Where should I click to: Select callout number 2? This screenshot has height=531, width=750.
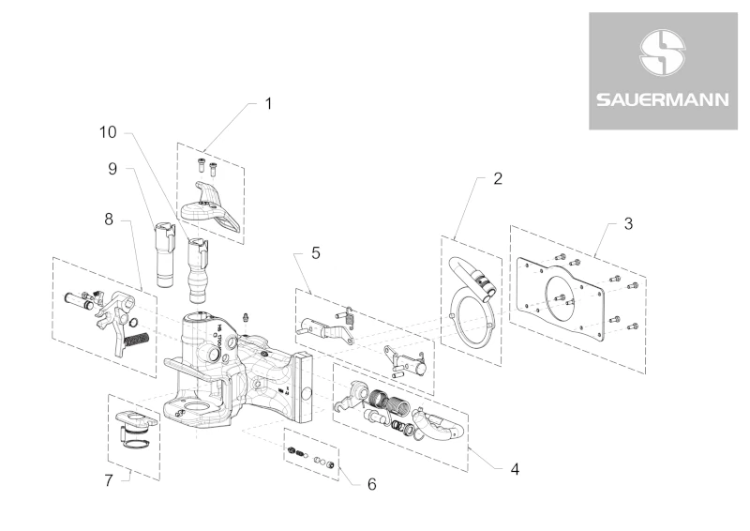pyautogui.click(x=498, y=178)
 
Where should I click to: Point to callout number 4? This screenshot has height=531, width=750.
pyautogui.click(x=515, y=466)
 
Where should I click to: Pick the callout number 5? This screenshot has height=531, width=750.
pyautogui.click(x=316, y=252)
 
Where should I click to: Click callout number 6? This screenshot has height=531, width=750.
pyautogui.click(x=371, y=484)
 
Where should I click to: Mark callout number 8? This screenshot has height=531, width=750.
pyautogui.click(x=109, y=219)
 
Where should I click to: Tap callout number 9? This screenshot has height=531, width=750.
pyautogui.click(x=112, y=169)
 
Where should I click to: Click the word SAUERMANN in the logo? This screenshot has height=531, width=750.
pyautogui.click(x=663, y=98)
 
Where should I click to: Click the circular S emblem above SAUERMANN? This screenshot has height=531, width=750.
pyautogui.click(x=663, y=53)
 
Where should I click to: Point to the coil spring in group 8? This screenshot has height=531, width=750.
pyautogui.click(x=137, y=336)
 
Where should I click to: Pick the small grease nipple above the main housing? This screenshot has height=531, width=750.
pyautogui.click(x=246, y=317)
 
